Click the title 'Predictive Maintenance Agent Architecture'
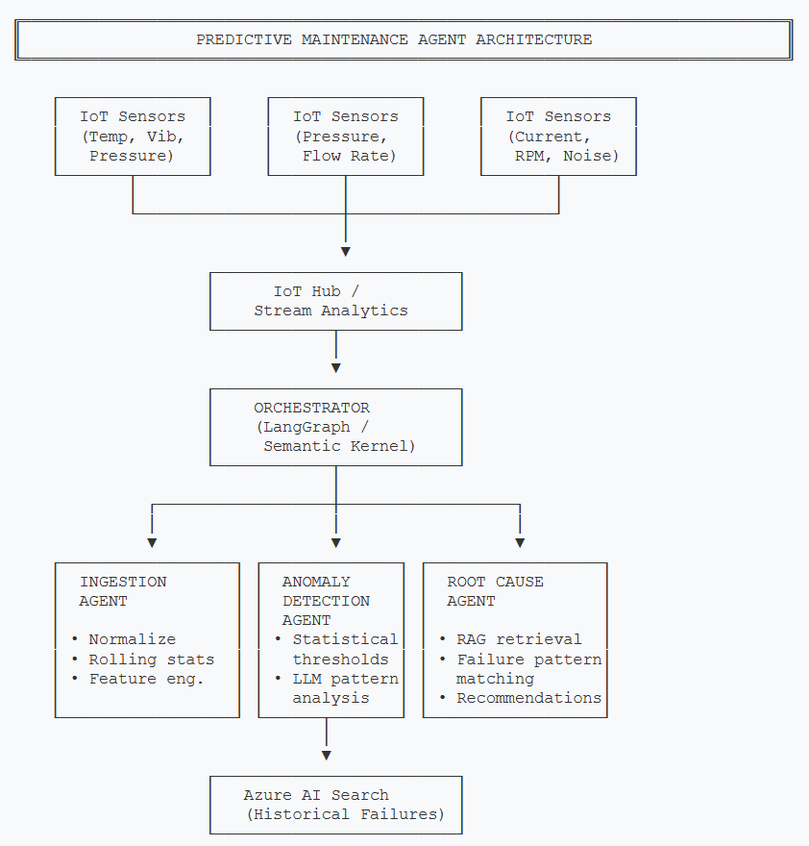click(394, 39)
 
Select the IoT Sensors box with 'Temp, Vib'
click(133, 136)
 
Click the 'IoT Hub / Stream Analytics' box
click(335, 301)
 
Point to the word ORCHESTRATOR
click(311, 408)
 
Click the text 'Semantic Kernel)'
click(339, 446)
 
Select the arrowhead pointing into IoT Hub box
click(345, 252)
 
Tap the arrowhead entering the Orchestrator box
click(335, 368)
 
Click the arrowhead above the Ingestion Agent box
click(152, 543)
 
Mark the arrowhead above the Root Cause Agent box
click(520, 543)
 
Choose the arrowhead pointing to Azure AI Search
click(327, 756)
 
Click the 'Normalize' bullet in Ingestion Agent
click(132, 639)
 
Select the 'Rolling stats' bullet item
click(151, 659)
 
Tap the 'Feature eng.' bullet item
click(146, 679)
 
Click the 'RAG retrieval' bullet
click(519, 639)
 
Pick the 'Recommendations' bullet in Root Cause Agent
click(528, 698)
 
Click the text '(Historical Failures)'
click(345, 814)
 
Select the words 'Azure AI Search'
click(316, 795)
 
